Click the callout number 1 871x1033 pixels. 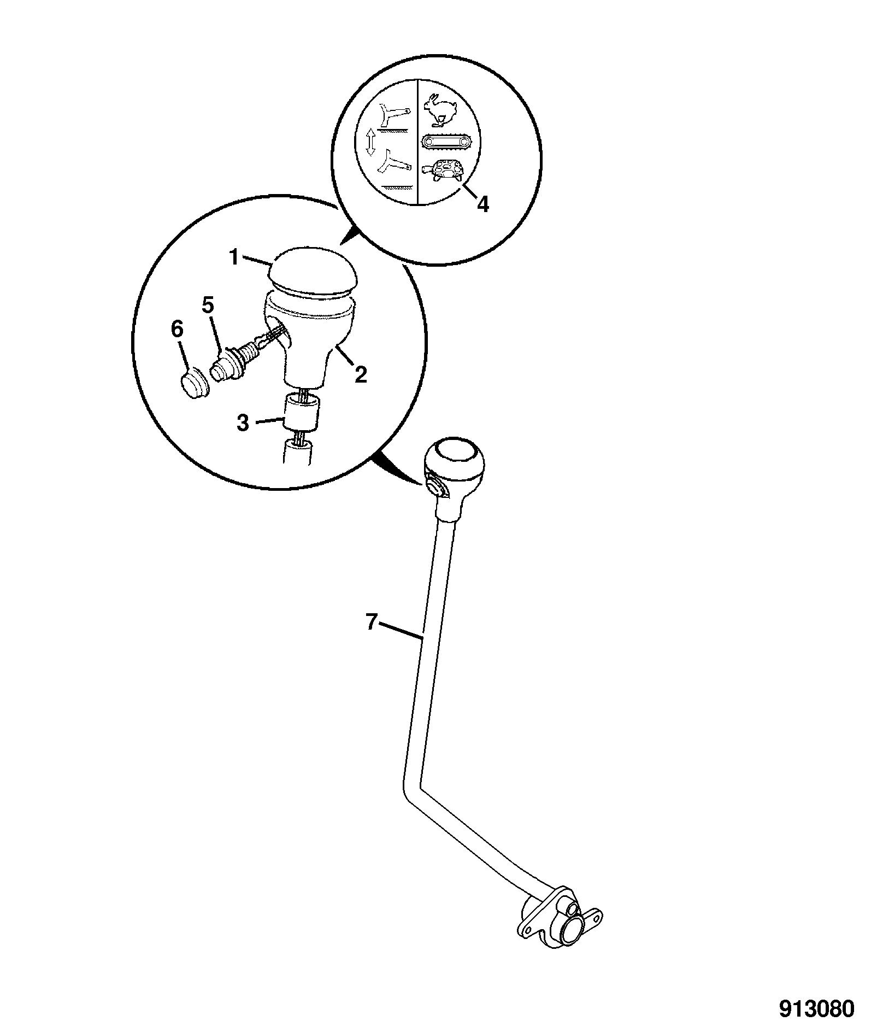click(x=234, y=257)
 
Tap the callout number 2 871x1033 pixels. click(x=360, y=374)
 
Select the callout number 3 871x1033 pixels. click(x=243, y=422)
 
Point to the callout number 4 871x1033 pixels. click(x=482, y=204)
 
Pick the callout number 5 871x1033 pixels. click(x=208, y=306)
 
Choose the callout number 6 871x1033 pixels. click(x=178, y=330)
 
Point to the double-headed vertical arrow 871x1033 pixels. click(x=370, y=144)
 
